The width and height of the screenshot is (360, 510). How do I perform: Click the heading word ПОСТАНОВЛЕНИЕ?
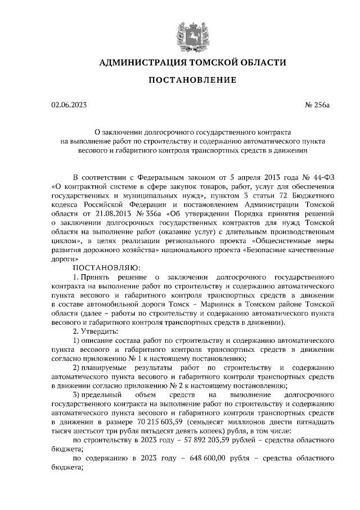192,80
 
